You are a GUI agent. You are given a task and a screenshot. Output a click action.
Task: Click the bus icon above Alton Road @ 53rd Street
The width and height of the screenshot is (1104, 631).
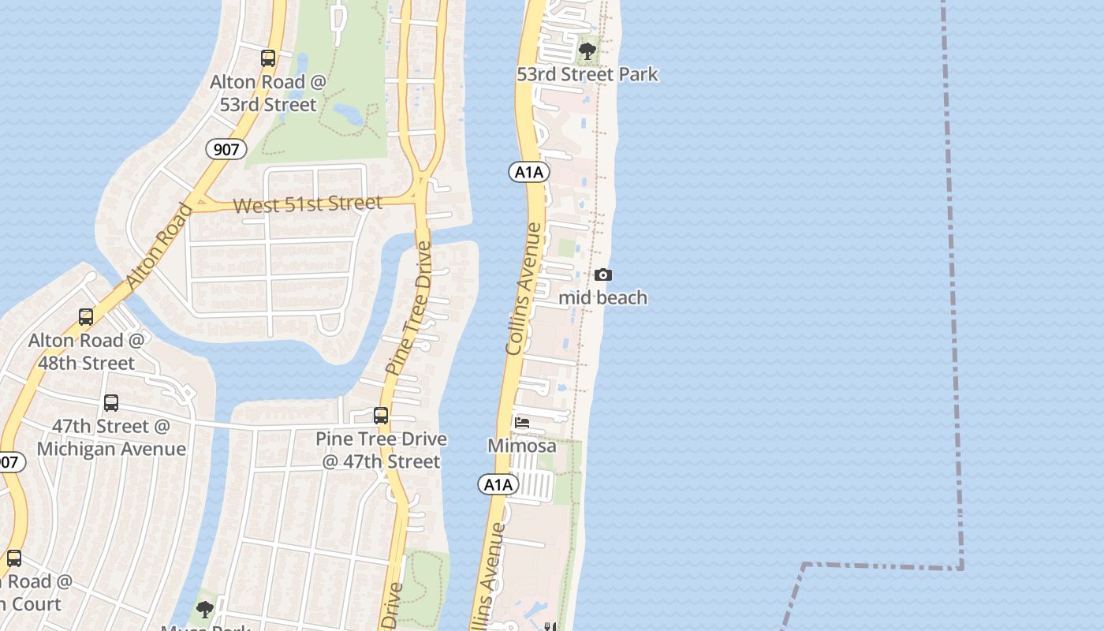tap(268, 58)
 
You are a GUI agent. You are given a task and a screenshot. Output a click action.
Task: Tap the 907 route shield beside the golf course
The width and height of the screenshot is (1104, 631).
tap(226, 149)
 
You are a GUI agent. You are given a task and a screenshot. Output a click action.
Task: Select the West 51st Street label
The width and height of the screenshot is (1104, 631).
tap(308, 204)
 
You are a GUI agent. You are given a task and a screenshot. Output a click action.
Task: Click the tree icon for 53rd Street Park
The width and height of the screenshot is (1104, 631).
tap(587, 51)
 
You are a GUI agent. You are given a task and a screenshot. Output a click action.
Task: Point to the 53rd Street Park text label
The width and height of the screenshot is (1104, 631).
tap(587, 75)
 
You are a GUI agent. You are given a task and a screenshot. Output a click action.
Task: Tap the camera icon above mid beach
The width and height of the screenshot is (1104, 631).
tap(603, 274)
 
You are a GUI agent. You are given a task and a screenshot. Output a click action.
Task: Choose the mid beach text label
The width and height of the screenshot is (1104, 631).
tap(603, 297)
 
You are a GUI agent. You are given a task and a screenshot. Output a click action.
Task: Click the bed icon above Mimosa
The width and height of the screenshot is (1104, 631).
tap(522, 423)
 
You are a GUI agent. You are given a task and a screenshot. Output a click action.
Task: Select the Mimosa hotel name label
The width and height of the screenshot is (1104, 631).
tap(522, 446)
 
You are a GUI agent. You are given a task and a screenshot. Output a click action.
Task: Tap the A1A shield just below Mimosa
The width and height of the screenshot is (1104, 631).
tap(498, 484)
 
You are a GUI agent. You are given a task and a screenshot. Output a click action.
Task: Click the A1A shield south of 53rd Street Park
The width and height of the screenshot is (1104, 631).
tap(528, 172)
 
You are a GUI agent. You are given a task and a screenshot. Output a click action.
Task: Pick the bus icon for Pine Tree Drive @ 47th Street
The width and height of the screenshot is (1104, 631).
tap(381, 416)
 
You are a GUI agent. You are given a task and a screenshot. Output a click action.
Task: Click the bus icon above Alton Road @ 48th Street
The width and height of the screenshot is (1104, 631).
tap(86, 317)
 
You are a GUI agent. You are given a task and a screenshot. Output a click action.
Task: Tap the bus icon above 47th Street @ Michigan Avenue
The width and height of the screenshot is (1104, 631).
tap(111, 403)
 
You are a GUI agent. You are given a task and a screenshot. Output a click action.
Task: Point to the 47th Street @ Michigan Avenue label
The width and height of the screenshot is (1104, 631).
tap(111, 438)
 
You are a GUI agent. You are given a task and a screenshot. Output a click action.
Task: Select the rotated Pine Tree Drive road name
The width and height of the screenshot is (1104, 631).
tap(409, 308)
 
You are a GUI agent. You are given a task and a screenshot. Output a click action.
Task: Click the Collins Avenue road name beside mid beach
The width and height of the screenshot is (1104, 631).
tap(524, 289)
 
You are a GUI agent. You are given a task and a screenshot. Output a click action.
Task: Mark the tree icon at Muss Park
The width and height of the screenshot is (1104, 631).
tap(205, 610)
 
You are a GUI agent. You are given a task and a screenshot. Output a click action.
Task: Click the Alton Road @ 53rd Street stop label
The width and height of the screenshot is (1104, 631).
tap(268, 93)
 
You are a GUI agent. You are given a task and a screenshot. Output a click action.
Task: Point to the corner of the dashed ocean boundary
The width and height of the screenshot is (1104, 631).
tap(961, 566)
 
